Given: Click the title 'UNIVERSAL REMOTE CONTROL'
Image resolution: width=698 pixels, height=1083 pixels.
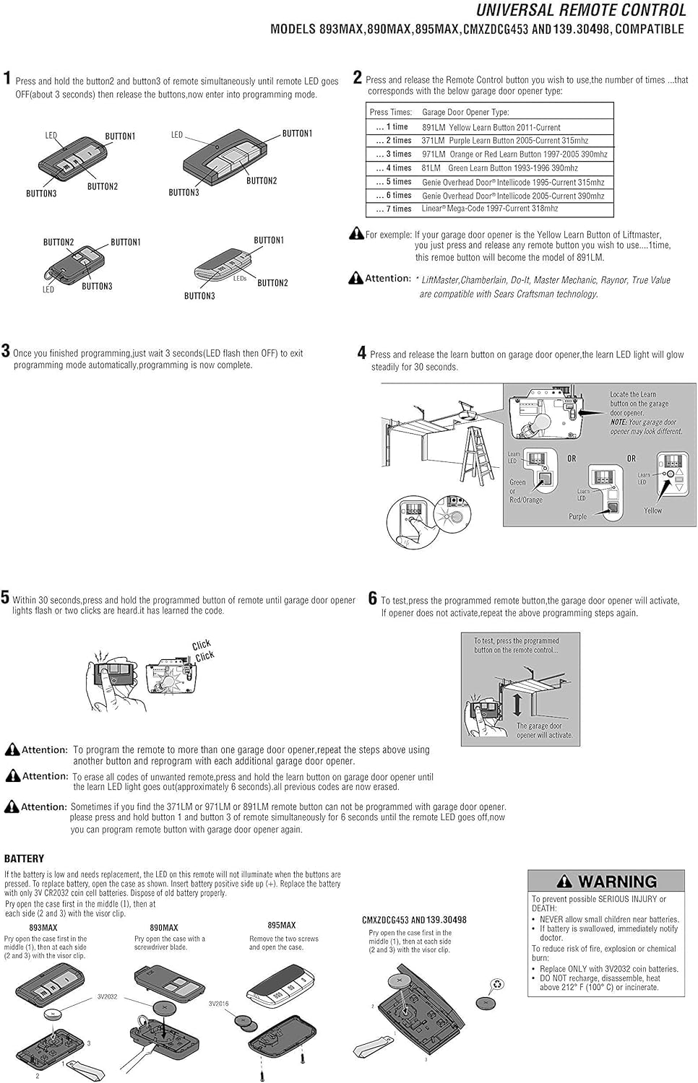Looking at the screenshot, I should [x=580, y=10].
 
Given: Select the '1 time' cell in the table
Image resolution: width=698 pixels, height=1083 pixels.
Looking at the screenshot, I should [x=392, y=127].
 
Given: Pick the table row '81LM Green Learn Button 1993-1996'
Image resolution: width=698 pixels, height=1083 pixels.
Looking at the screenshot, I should [x=499, y=168].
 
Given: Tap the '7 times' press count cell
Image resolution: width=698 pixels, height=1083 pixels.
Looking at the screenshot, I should [x=394, y=209].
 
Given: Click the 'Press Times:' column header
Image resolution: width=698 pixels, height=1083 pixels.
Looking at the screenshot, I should [x=390, y=113].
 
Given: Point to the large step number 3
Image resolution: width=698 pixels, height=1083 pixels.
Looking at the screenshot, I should [x=6, y=352].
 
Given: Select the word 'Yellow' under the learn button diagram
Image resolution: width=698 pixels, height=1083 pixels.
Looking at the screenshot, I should [x=652, y=510].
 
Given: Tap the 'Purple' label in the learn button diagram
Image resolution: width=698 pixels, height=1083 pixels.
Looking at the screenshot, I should [x=577, y=517].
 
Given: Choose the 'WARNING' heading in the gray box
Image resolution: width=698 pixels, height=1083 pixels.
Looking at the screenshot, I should [x=616, y=882].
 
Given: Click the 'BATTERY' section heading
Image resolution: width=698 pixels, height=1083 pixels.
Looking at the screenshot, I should [x=24, y=858].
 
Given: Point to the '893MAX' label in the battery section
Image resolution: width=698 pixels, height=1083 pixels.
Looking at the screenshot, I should [x=43, y=928].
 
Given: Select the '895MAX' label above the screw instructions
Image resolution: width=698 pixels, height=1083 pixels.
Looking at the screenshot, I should [x=282, y=926].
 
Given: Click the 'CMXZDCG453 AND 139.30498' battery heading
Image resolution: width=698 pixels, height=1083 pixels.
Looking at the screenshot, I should [x=414, y=921].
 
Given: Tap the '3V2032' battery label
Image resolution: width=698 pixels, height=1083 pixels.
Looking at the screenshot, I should [x=107, y=997].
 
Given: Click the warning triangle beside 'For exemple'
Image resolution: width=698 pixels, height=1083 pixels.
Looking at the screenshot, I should [x=356, y=234].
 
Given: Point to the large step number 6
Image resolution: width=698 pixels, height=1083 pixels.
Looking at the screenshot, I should [x=373, y=599].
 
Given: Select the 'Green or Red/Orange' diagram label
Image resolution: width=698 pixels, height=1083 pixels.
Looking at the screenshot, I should [x=525, y=491].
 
